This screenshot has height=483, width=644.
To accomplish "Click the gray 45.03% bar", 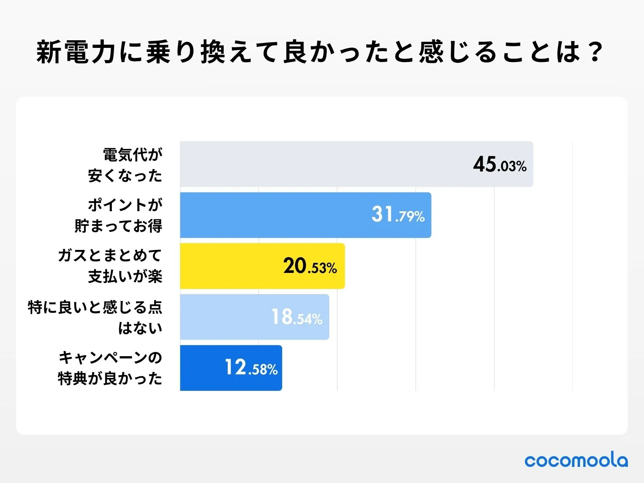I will tap(322, 164).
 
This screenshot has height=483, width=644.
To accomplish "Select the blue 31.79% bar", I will tap(274, 215).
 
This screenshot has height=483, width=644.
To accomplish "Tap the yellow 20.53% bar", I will tap(229, 266).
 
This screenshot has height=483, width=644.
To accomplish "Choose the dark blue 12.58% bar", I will tap(201, 368).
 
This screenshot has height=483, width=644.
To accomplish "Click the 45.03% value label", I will tap(500, 165).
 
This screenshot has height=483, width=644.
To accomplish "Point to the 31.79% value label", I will tap(398, 215).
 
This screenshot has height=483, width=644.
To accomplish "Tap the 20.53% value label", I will tap(310, 266).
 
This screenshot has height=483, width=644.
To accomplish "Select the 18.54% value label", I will tap(297, 317).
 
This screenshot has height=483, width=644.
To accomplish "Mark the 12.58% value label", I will tap(251, 368).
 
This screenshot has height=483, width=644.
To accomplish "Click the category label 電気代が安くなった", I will tap(125, 165).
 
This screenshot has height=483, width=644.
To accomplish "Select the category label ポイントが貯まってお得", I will tap(119, 215).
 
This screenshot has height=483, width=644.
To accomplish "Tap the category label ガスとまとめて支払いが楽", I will tap(110, 266).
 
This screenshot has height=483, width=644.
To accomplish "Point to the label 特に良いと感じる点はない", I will tap(95, 317).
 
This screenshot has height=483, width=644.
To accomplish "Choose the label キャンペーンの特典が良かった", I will tap(110, 368).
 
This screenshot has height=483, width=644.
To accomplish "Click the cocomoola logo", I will tap(576, 460).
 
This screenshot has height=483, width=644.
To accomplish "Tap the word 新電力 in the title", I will tap(77, 52).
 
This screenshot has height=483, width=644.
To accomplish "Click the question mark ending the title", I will tap(594, 52).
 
